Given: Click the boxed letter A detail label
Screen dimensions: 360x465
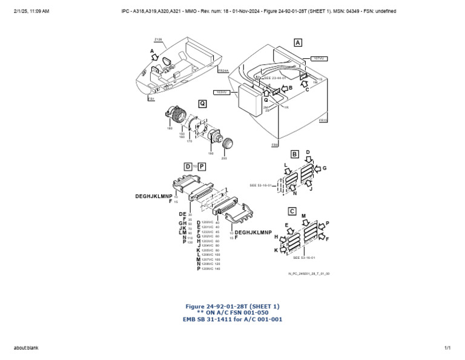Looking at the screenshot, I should point(297,42).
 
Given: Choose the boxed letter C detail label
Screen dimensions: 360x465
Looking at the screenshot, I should point(292,211).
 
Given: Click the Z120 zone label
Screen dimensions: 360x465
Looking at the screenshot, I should point(158,39).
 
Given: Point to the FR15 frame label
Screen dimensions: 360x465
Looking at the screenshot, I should point(323,120).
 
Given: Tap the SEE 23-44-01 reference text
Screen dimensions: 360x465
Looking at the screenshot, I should point(275,78).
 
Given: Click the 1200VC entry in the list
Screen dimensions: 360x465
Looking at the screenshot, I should point(207,222).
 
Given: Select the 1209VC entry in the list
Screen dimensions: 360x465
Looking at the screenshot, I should point(207,268).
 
